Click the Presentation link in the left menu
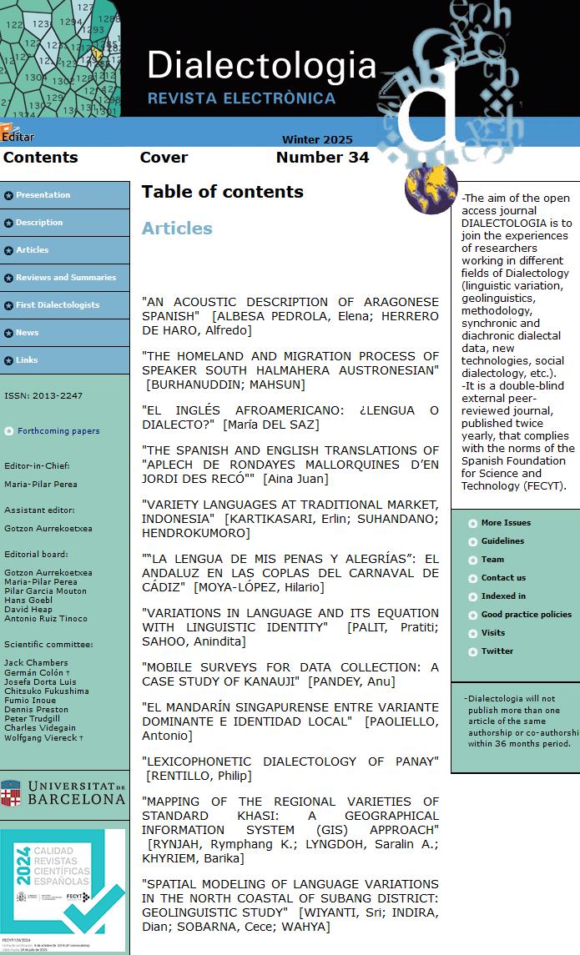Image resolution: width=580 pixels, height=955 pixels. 43,195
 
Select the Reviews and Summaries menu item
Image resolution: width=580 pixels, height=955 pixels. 65,278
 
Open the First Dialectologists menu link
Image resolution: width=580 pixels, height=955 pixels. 57,305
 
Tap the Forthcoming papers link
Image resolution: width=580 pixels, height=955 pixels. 58,431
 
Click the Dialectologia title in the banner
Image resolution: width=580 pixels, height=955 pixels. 261,65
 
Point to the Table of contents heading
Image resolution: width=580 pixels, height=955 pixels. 222,192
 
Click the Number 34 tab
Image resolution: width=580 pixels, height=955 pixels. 322,158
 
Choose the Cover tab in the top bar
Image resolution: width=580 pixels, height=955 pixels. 164,158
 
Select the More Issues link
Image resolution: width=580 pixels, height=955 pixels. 506,523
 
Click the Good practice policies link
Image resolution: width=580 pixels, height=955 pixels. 526,615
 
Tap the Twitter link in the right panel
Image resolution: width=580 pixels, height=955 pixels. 497,651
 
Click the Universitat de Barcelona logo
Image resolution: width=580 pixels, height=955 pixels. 63,793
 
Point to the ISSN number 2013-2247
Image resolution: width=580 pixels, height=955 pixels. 43,395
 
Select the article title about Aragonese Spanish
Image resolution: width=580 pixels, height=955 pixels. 290,309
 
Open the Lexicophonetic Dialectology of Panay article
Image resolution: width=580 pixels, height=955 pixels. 290,761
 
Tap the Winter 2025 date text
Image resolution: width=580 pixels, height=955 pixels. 317,140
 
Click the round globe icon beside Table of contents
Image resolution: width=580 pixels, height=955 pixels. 431,188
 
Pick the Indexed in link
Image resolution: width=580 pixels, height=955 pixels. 503,596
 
